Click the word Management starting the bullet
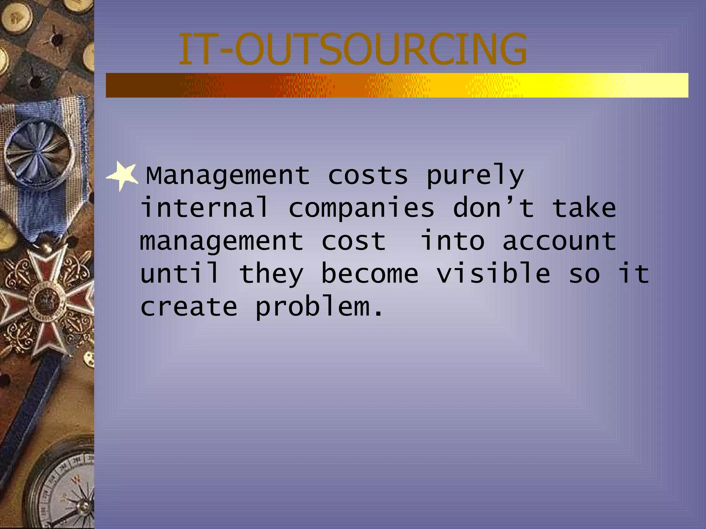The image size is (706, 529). (228, 176)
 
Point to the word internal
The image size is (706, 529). (204, 208)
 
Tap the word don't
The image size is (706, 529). (493, 208)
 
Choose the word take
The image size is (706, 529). (584, 208)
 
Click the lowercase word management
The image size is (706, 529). (222, 241)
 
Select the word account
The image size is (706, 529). (559, 241)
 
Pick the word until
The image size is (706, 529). (180, 273)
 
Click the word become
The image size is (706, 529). (370, 273)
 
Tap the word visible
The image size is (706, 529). (493, 273)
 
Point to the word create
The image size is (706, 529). (189, 306)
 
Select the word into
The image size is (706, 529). (453, 241)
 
